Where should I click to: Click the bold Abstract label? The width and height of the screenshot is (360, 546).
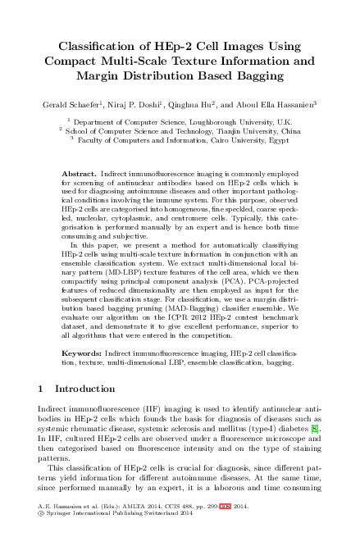[80, 175]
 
